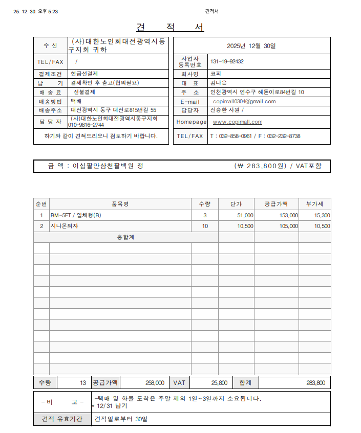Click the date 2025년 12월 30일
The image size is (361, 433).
point(251,46)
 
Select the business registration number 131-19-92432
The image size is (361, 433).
point(227,62)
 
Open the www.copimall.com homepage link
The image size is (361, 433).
point(237,122)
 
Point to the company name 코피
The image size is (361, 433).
point(216,74)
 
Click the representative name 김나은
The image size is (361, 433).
point(218,83)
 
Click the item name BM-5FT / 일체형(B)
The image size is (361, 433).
point(76,216)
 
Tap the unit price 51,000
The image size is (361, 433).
point(244,216)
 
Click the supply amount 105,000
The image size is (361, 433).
point(288,226)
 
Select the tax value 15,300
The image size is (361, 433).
point(322,216)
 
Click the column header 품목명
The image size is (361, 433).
point(120,204)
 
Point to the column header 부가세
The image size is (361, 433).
point(314,204)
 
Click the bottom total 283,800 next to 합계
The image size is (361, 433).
point(315,383)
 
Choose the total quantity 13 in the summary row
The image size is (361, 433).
point(83,383)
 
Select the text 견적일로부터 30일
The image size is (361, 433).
point(120,420)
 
